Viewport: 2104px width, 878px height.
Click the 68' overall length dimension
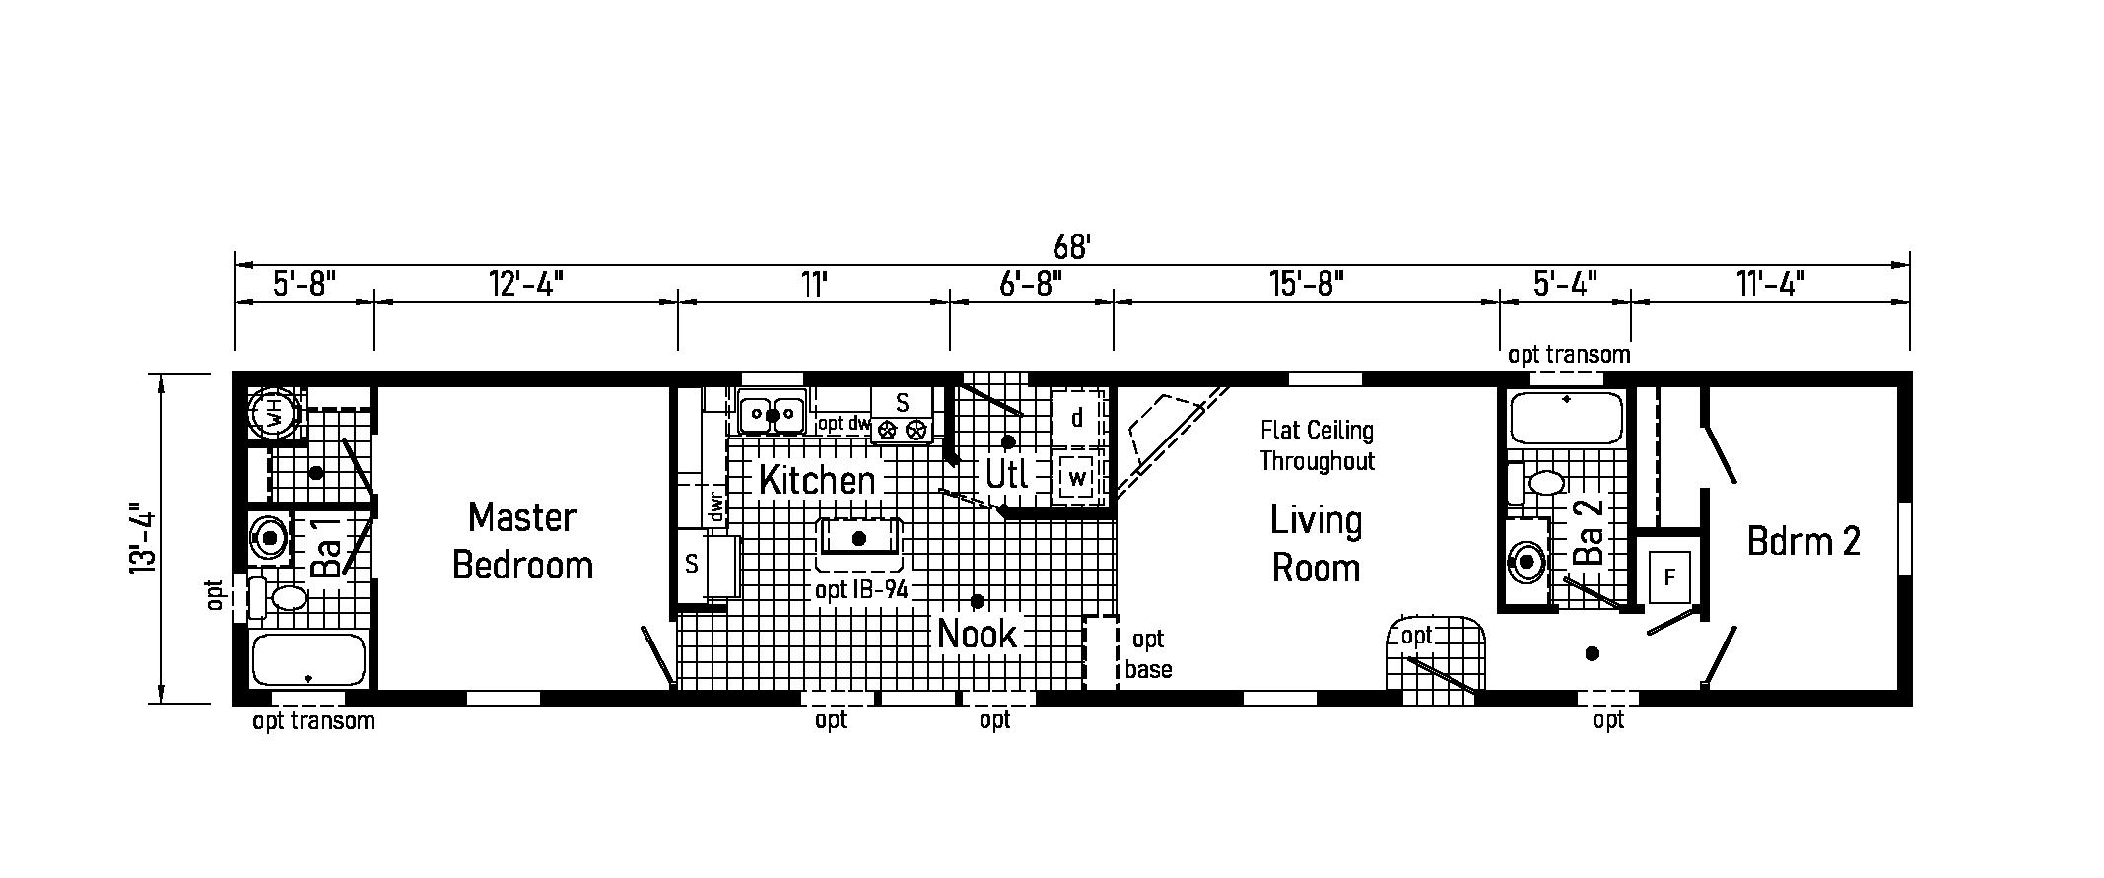[x=1071, y=246]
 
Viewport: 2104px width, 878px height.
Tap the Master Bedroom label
[x=522, y=541]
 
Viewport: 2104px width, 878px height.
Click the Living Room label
[x=1316, y=544]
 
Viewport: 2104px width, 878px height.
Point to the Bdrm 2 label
[x=1803, y=541]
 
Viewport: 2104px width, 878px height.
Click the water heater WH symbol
[x=273, y=415]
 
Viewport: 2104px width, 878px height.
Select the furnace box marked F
[x=1669, y=576]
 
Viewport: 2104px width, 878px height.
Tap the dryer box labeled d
[x=1077, y=418]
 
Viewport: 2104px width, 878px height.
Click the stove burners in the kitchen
[x=903, y=430]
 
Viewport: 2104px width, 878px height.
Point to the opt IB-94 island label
[x=860, y=591]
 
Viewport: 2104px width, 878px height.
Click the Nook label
[x=976, y=634]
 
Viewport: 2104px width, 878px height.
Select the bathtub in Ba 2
[x=1567, y=418]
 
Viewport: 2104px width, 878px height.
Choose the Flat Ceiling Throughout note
[x=1317, y=445]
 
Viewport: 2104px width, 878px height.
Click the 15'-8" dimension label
[x=1307, y=285]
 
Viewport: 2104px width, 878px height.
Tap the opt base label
[x=1148, y=654]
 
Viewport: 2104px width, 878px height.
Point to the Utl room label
[x=1007, y=476]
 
